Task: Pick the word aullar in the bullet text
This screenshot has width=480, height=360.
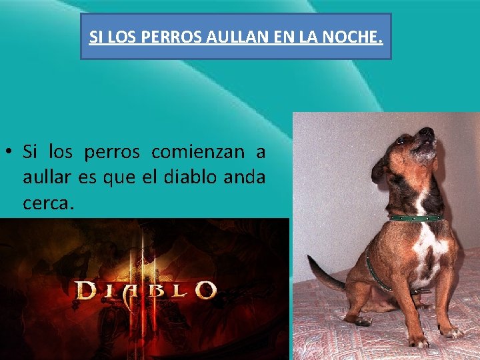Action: pyautogui.click(x=43, y=177)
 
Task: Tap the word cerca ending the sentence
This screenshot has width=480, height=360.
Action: pyautogui.click(x=45, y=203)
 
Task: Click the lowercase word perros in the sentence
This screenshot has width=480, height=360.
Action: pyautogui.click(x=112, y=153)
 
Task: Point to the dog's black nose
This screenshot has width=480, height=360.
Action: pyautogui.click(x=427, y=131)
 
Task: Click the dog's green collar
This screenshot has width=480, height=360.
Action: pyautogui.click(x=417, y=218)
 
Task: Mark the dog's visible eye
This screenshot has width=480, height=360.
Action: pyautogui.click(x=402, y=141)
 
